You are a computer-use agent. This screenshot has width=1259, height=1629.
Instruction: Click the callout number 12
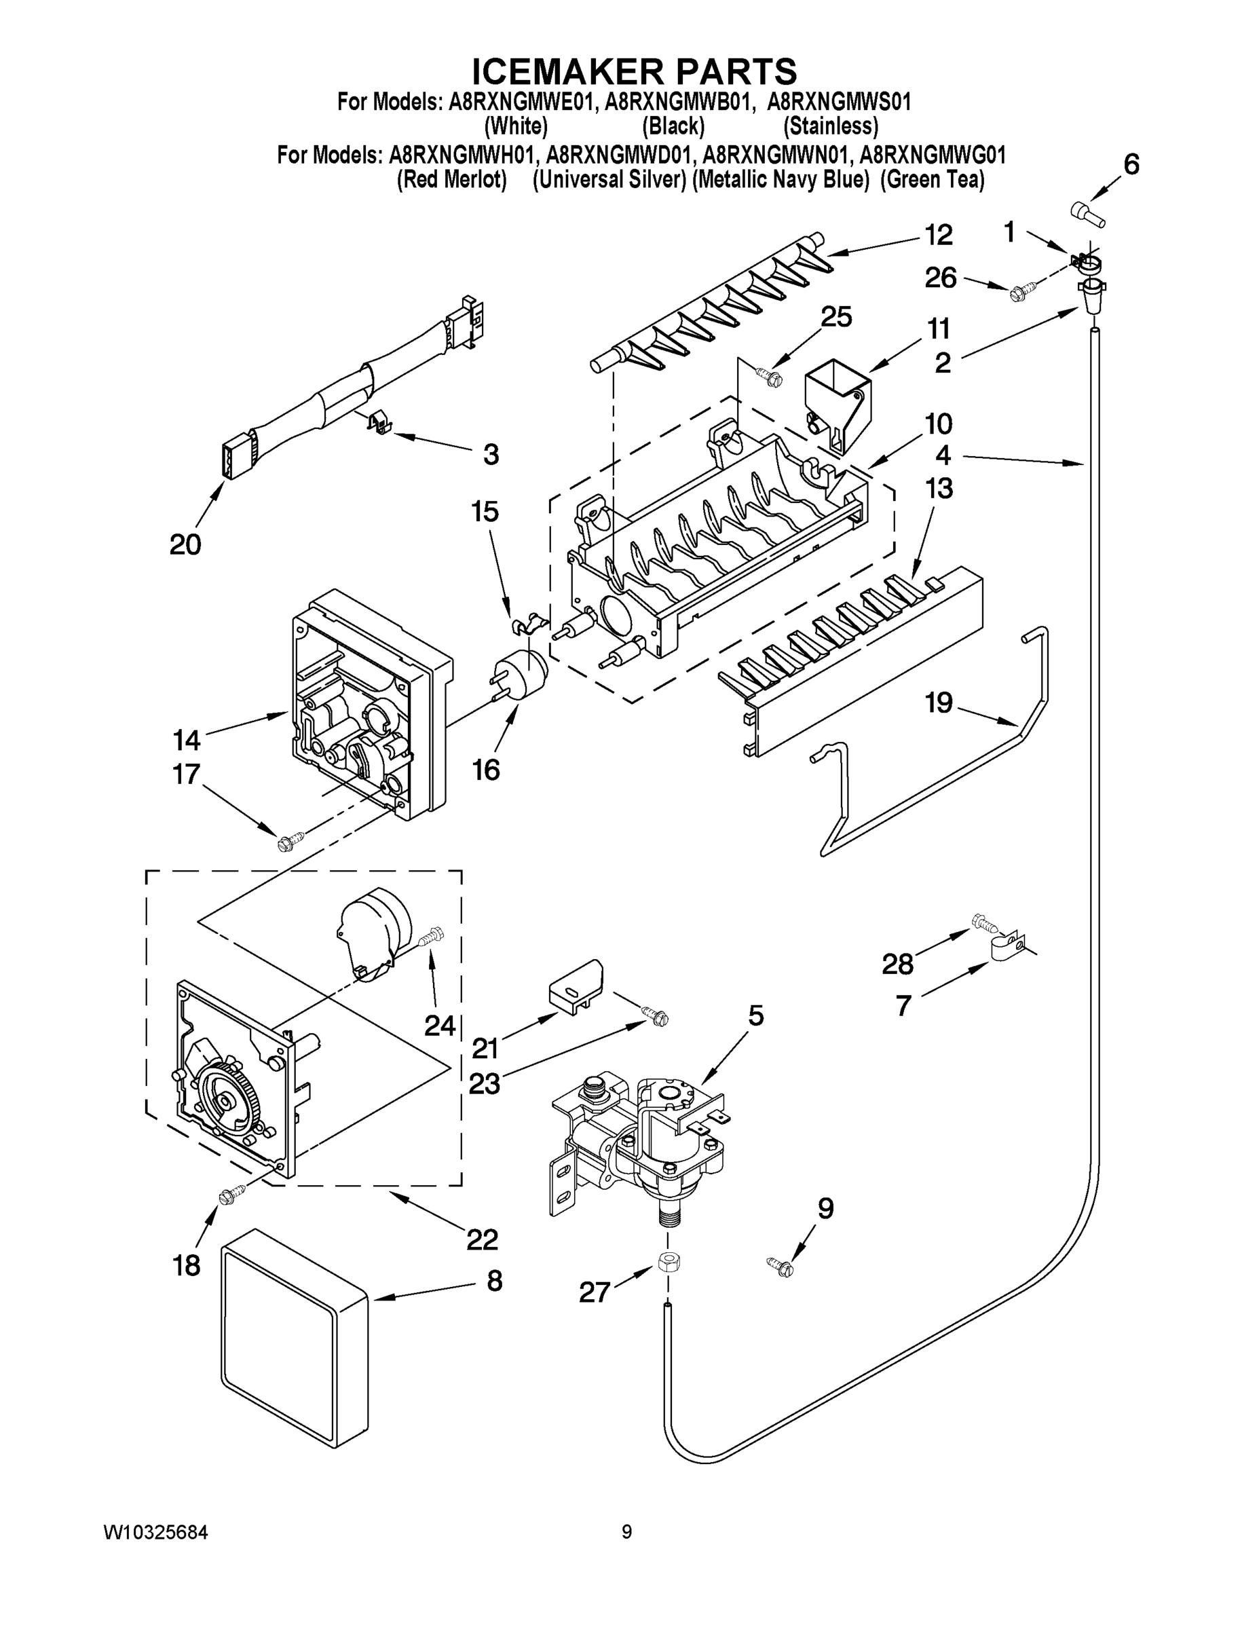[x=938, y=236]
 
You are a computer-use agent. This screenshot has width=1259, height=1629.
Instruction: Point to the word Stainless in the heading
[x=831, y=126]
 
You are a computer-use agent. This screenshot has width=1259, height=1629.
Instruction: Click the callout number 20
[x=185, y=544]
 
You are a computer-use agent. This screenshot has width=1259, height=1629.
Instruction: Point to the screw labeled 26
[x=1019, y=293]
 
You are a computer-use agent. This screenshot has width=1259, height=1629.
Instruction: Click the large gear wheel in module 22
[x=228, y=1101]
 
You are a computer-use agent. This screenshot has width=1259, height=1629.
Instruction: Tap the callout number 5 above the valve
[x=755, y=1015]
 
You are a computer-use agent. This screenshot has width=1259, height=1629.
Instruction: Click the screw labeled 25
[x=768, y=375]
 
